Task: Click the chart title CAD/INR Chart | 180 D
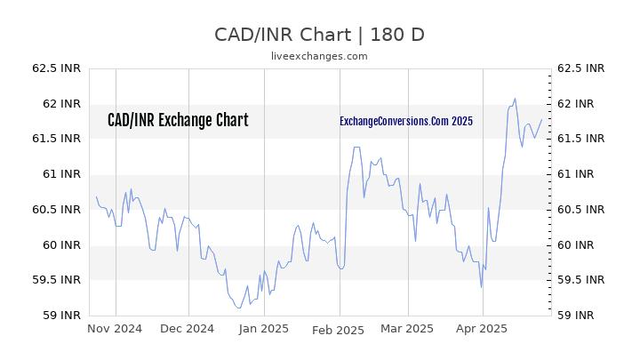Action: (320, 35)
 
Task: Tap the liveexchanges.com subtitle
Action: (319, 56)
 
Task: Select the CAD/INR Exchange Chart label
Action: (178, 121)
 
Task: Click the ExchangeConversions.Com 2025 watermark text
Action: (406, 121)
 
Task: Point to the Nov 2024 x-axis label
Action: (115, 329)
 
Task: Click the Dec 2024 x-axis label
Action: (188, 329)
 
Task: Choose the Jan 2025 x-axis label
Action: (263, 329)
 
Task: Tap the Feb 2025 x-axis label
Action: (339, 329)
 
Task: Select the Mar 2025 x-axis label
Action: (407, 329)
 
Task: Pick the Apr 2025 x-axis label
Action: (482, 329)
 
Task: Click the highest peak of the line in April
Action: (515, 99)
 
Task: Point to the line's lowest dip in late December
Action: (238, 308)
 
